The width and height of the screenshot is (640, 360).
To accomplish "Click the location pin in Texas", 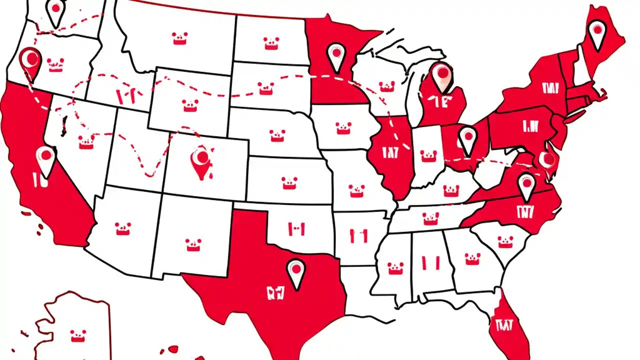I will tap(296, 272).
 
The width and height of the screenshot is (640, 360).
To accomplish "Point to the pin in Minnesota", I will tap(335, 54).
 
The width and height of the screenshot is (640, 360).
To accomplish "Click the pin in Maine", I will tap(596, 34).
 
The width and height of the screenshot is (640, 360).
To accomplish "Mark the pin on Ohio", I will tap(467, 138).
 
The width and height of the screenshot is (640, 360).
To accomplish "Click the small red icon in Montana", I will tap(180, 38).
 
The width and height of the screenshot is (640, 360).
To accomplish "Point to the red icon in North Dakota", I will tap(271, 43).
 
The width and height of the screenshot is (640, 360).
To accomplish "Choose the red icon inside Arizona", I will tap(123, 228).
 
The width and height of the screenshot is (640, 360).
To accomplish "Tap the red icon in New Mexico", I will tap(193, 244).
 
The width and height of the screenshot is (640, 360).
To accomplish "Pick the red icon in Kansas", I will tap(289, 183).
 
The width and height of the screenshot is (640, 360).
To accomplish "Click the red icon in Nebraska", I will tap(277, 135).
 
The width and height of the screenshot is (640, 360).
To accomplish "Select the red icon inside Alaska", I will tap(78, 335).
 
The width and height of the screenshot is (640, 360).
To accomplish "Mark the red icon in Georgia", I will tap(472, 258).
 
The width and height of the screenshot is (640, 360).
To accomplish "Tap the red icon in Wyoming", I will tap(190, 105).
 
